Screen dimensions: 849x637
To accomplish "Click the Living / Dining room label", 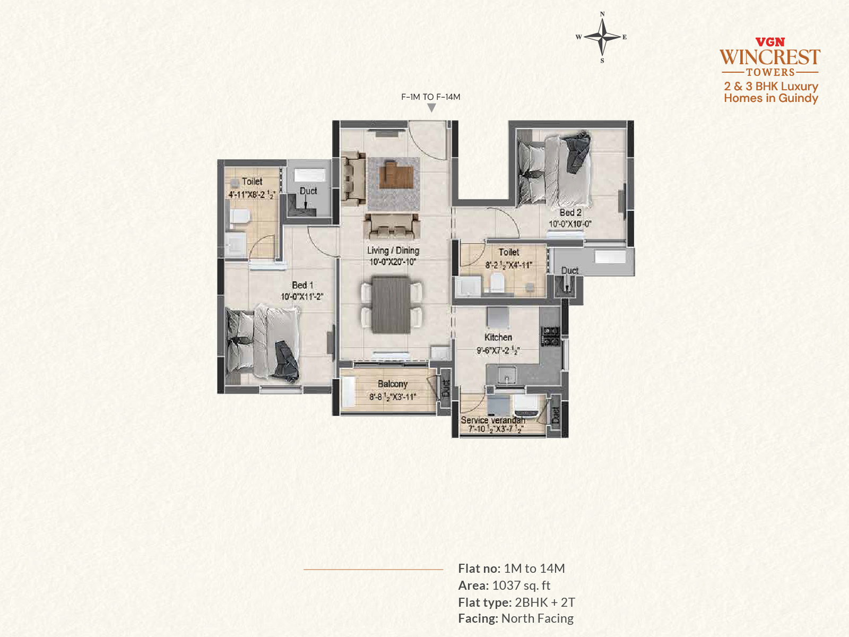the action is tap(393, 251).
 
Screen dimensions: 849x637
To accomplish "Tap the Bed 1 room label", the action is tap(302, 285).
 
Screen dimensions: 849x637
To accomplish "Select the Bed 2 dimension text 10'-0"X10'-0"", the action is tap(570, 224).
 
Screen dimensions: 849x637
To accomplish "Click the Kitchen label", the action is tap(498, 337).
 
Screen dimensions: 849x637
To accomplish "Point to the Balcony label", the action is tap(393, 384).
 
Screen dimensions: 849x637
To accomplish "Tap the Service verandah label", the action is tap(493, 420).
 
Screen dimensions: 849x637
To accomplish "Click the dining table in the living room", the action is tap(391, 304).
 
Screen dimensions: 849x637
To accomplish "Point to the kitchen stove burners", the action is tap(550, 336).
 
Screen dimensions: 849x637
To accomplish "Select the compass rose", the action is tap(602, 37).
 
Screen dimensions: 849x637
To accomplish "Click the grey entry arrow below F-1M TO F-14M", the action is tap(431, 108).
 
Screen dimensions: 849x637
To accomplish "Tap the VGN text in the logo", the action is tap(770, 42).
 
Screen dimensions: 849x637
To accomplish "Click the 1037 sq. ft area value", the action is tap(521, 586).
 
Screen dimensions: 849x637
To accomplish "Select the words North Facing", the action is tap(537, 619).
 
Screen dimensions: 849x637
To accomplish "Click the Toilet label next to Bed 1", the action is tap(252, 182).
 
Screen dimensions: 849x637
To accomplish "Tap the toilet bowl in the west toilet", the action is tap(239, 216).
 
